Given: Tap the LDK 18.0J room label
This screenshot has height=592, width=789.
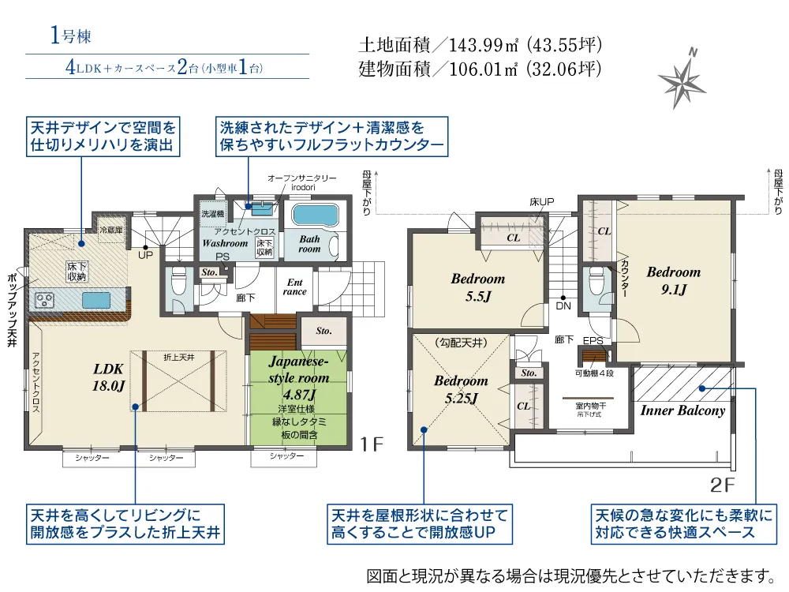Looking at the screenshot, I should [110, 377].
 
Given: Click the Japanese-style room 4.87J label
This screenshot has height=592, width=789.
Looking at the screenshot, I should [298, 377].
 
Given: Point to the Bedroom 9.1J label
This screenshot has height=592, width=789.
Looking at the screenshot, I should [673, 280].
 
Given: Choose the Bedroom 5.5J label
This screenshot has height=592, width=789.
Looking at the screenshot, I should [477, 287].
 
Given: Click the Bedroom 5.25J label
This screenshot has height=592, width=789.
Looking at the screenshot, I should [461, 389].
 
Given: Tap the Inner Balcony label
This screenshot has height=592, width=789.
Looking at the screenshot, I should [682, 410].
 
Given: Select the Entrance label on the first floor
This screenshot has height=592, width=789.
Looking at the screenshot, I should [295, 287].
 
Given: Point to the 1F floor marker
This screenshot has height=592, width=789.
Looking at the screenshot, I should [372, 445].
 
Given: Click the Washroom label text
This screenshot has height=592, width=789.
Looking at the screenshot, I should [224, 243].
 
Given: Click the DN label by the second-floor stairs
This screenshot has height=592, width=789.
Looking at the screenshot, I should [563, 305].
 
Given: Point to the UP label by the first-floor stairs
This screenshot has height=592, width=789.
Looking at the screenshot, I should [146, 256].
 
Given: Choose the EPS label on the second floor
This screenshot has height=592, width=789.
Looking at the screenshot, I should [593, 341].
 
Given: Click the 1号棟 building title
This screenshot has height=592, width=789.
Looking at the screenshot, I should [71, 36].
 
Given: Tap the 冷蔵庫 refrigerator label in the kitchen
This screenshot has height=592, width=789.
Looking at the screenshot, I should [110, 230].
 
